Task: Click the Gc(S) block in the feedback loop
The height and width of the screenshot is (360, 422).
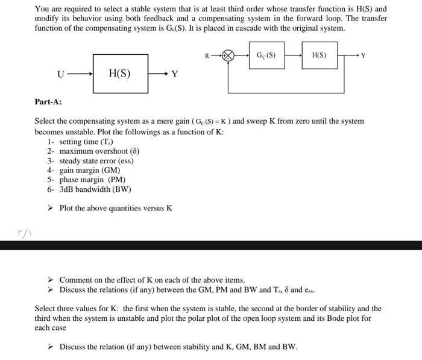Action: tap(266, 56)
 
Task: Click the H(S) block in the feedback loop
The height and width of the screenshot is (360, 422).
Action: tap(319, 56)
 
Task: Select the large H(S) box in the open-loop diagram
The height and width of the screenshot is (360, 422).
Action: tap(121, 74)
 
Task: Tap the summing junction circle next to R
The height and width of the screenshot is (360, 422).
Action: tap(228, 56)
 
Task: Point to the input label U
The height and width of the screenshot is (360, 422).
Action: tap(60, 74)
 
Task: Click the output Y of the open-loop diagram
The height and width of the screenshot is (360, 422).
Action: tap(174, 74)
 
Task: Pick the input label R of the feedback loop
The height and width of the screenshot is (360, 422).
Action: tap(207, 56)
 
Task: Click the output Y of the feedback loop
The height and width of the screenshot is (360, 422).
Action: tap(363, 56)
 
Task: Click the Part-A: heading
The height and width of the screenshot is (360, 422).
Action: tap(48, 102)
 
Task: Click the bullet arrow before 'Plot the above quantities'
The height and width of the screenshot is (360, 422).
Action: tap(51, 209)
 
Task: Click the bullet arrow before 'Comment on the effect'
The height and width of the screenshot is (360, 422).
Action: tap(51, 280)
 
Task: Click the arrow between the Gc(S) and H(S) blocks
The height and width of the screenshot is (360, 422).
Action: tap(294, 56)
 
